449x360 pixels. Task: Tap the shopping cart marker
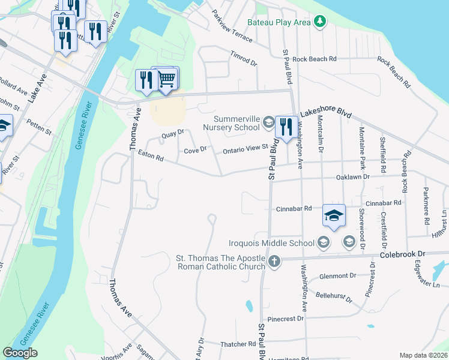pyautogui.click(x=167, y=79)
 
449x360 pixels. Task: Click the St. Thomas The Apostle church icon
pyautogui.click(x=274, y=260)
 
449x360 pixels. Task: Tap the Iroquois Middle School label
pyautogui.click(x=272, y=243)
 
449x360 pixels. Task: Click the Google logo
pyautogui.click(x=20, y=353)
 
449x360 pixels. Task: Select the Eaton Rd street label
pyautogui.click(x=151, y=157)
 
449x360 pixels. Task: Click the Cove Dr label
pyautogui.click(x=195, y=149)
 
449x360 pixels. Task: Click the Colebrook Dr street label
pyautogui.click(x=403, y=254)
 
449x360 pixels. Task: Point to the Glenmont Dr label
pyautogui.click(x=337, y=276)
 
